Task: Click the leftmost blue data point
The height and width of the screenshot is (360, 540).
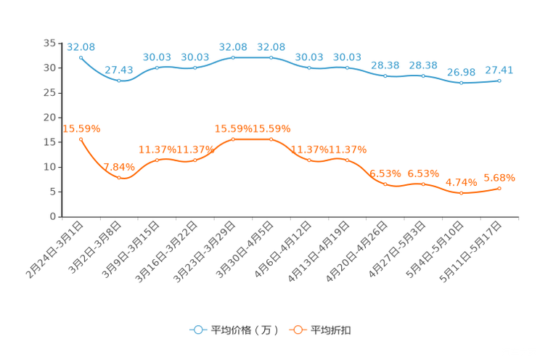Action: coord(81,56)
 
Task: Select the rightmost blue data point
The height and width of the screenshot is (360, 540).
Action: coord(499,80)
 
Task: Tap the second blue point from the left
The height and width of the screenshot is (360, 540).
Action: coord(119,80)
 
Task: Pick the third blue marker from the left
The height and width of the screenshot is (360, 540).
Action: coord(157,67)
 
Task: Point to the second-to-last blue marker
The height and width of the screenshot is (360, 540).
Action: coord(461,82)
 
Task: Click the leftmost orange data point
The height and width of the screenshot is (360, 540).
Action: coord(81,139)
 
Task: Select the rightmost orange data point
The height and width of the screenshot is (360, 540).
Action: coord(499,189)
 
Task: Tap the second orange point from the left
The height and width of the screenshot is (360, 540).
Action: coord(119,177)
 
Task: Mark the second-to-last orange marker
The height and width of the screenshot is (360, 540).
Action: coord(461,193)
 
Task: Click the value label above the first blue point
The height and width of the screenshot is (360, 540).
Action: coord(76,46)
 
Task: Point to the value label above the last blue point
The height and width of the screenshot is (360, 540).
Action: coord(499,70)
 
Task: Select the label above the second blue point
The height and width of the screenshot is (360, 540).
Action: coord(119,70)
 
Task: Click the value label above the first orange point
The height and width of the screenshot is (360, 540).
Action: coord(81,129)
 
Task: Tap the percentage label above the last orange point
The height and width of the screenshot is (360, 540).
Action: coord(499,177)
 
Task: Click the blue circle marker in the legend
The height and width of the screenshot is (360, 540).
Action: coord(197,330)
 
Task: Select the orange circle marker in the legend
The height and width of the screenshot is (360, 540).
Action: coord(297,330)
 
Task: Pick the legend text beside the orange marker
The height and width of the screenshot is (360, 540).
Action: coord(331,330)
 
